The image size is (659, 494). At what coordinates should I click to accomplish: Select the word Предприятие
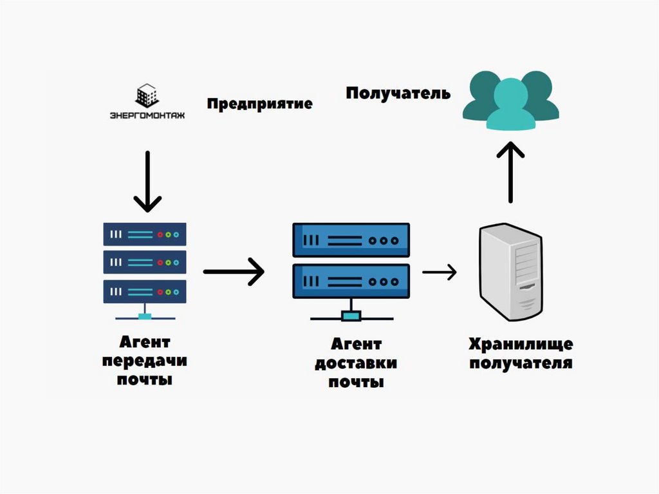coord(259,104)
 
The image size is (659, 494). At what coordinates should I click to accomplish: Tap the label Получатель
coord(398,93)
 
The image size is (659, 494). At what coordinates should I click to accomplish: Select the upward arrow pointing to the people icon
coord(511,172)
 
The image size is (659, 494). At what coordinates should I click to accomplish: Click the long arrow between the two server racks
coord(234,272)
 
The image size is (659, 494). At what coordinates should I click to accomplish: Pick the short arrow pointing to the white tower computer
coord(440,272)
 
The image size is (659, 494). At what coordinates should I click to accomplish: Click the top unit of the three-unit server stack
coord(145,234)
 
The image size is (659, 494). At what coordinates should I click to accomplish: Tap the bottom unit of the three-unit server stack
coord(145,291)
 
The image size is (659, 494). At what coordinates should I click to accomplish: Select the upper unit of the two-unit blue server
coord(351,240)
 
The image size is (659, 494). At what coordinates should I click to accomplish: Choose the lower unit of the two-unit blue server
coord(351,281)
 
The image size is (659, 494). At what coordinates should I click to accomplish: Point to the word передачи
coord(145,361)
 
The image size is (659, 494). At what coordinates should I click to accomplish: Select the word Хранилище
coord(521,344)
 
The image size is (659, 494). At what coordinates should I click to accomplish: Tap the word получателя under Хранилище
coord(521,363)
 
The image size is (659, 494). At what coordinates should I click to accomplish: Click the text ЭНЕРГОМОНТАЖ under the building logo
coord(147,116)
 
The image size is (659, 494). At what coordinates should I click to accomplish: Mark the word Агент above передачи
coord(145,341)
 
